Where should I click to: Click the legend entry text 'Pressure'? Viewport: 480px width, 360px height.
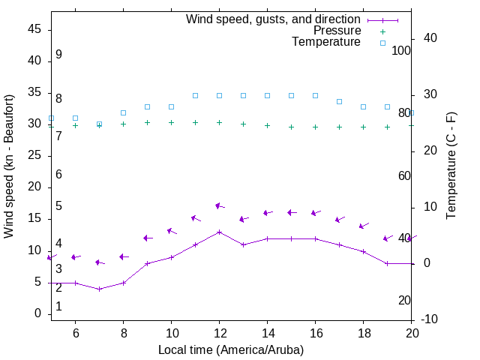tap(337, 31)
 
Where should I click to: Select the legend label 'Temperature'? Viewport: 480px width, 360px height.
tap(326, 42)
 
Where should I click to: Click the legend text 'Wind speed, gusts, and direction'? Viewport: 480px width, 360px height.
tap(274, 19)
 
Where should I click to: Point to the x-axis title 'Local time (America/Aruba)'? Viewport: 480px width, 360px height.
tap(231, 349)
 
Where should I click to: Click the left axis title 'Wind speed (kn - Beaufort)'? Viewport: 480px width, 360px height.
tap(9, 166)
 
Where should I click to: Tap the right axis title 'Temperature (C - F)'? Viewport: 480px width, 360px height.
tap(451, 166)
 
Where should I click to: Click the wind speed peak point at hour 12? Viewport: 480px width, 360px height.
tap(219, 232)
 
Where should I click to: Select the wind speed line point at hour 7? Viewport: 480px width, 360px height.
tap(99, 289)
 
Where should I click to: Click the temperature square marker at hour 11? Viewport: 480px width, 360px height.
tap(195, 95)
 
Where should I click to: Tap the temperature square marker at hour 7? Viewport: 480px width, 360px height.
tap(99, 124)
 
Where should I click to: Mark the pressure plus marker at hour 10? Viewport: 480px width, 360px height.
tap(171, 122)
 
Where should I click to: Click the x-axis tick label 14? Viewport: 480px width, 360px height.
tap(267, 332)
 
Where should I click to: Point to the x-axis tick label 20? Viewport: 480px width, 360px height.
tap(411, 332)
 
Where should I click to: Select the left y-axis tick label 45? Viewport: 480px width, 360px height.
tap(34, 29)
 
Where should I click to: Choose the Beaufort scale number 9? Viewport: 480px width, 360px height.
tap(58, 55)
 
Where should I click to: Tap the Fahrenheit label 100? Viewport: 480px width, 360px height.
tap(401, 50)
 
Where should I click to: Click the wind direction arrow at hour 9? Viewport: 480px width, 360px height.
tap(148, 238)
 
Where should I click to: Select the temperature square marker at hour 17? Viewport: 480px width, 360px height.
tap(339, 101)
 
